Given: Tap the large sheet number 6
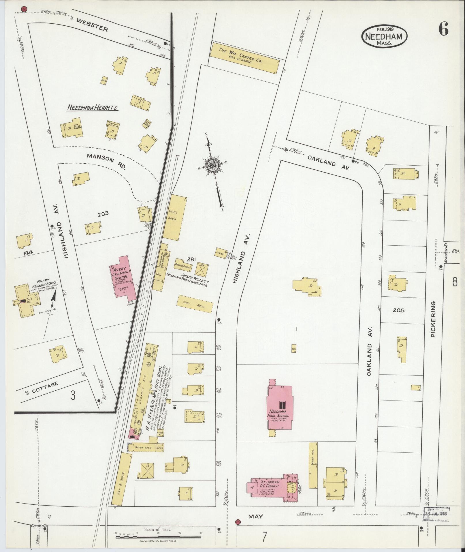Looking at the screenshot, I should [x=443, y=29].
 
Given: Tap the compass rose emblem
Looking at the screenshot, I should [x=212, y=165].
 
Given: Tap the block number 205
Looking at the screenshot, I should [x=398, y=310].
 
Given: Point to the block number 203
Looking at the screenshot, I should [x=103, y=214].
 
